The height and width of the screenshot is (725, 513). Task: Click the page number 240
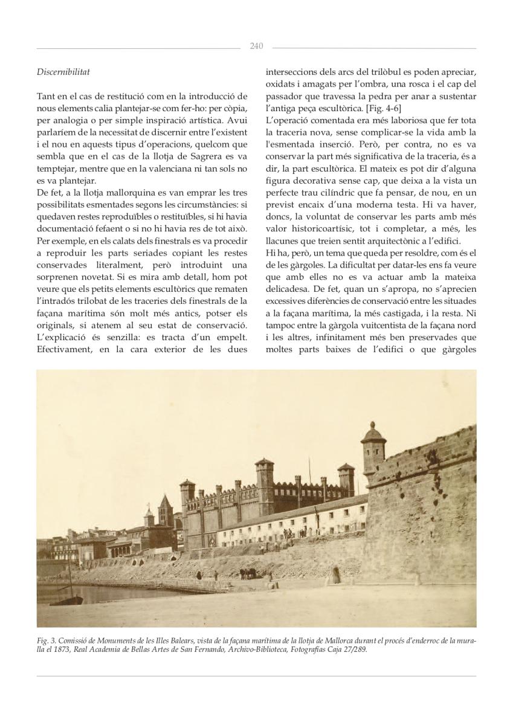coord(256,47)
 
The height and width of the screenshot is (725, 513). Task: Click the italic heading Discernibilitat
coord(63,72)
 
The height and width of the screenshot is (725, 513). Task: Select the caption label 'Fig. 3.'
coord(47,639)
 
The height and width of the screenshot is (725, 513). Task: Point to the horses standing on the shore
coord(248,572)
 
